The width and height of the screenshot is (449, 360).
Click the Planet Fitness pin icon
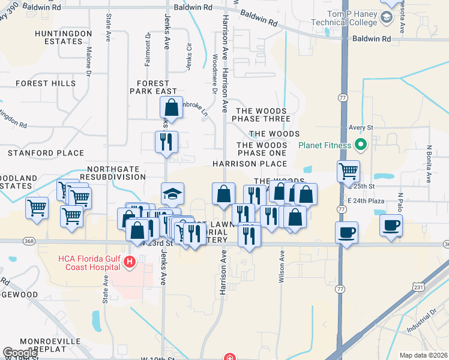point(361,145)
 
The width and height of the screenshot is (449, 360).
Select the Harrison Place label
point(249,163)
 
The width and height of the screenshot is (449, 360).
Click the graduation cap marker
point(172,194)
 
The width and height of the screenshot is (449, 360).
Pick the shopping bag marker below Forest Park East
point(171,108)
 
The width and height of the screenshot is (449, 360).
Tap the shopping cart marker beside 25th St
point(348,172)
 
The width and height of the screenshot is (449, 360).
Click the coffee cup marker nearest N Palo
point(391,226)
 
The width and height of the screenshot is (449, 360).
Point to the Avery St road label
point(361,128)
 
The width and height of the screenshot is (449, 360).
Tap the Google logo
point(20,353)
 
